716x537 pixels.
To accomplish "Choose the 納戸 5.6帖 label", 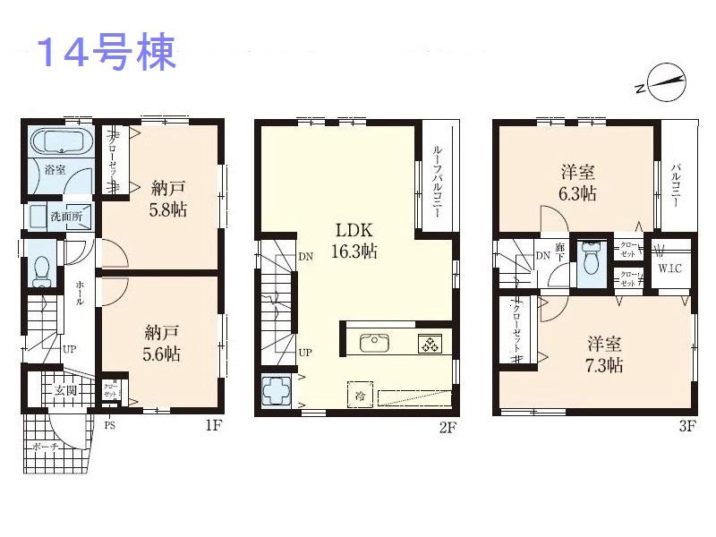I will pyautogui.click(x=162, y=343).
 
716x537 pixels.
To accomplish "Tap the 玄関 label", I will pyautogui.click(x=65, y=390).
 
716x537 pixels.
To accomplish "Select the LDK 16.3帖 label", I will pyautogui.click(x=355, y=239).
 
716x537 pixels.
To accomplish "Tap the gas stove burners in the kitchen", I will pyautogui.click(x=429, y=343).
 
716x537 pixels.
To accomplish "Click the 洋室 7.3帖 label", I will pyautogui.click(x=605, y=354).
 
